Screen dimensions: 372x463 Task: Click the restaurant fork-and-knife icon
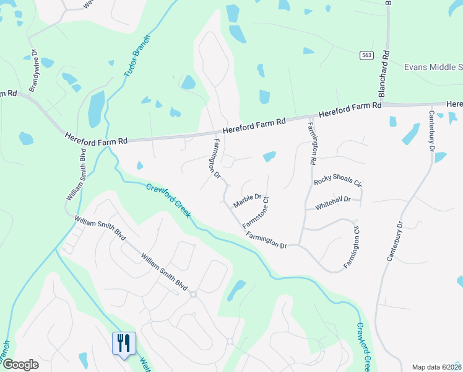click(123, 343)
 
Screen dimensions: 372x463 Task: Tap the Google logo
click(20, 365)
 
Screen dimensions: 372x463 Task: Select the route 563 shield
click(367, 55)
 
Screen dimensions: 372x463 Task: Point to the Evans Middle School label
click(433, 67)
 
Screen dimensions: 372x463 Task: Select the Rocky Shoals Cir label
click(337, 180)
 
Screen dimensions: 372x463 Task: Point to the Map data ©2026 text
click(436, 366)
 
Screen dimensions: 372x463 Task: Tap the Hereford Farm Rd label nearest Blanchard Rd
click(350, 111)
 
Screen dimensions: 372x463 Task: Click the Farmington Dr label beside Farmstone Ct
click(266, 241)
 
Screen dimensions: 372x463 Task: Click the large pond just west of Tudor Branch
click(96, 109)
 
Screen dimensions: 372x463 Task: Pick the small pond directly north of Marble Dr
click(269, 157)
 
